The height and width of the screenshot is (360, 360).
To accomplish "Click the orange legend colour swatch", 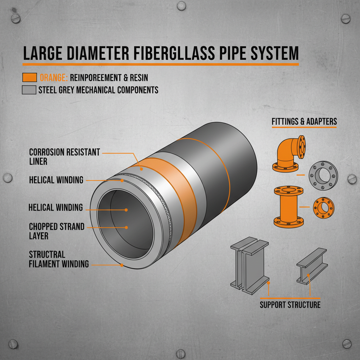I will point(29,77).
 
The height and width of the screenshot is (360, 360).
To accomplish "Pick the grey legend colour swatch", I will point(29,90).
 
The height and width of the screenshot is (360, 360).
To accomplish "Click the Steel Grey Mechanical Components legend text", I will point(98,90).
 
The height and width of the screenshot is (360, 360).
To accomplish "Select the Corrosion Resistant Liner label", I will point(64,156).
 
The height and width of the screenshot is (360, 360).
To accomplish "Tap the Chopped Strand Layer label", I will point(57,231).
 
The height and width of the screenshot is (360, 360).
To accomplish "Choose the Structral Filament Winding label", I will point(59,259).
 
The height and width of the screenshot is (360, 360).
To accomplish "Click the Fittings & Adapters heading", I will point(304,122).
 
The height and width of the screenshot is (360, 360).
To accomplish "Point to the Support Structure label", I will point(290,304).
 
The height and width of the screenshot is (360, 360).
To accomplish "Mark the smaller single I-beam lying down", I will point(311,265).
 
